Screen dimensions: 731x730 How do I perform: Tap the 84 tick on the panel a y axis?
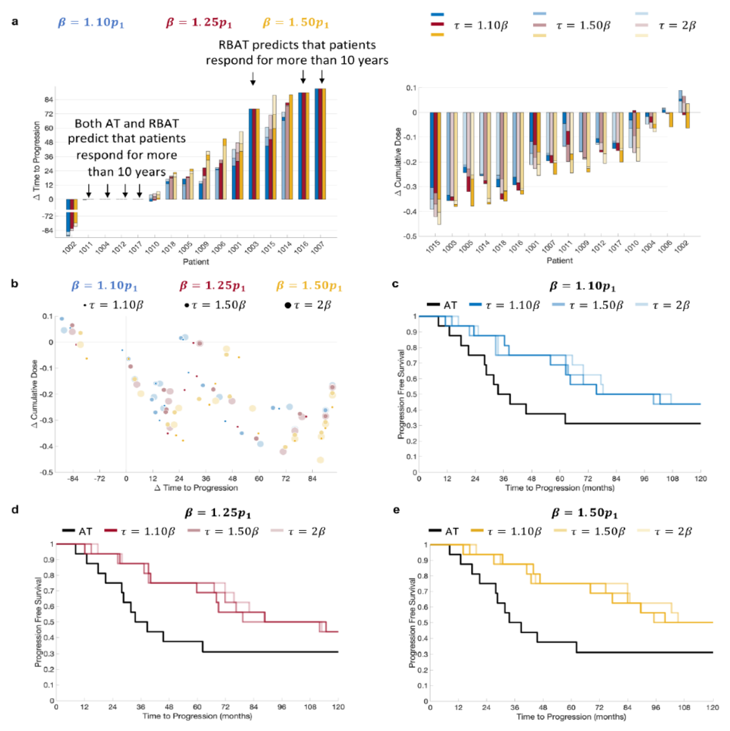coord(48,100)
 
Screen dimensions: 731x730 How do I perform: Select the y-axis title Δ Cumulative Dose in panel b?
coord(35,394)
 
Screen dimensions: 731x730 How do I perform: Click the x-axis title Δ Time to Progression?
coord(196,488)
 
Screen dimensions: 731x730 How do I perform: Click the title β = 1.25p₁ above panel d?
coord(218,513)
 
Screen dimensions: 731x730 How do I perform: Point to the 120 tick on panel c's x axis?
coord(700,479)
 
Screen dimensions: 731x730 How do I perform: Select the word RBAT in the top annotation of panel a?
coord(235,45)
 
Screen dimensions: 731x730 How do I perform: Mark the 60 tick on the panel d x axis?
coord(197,707)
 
